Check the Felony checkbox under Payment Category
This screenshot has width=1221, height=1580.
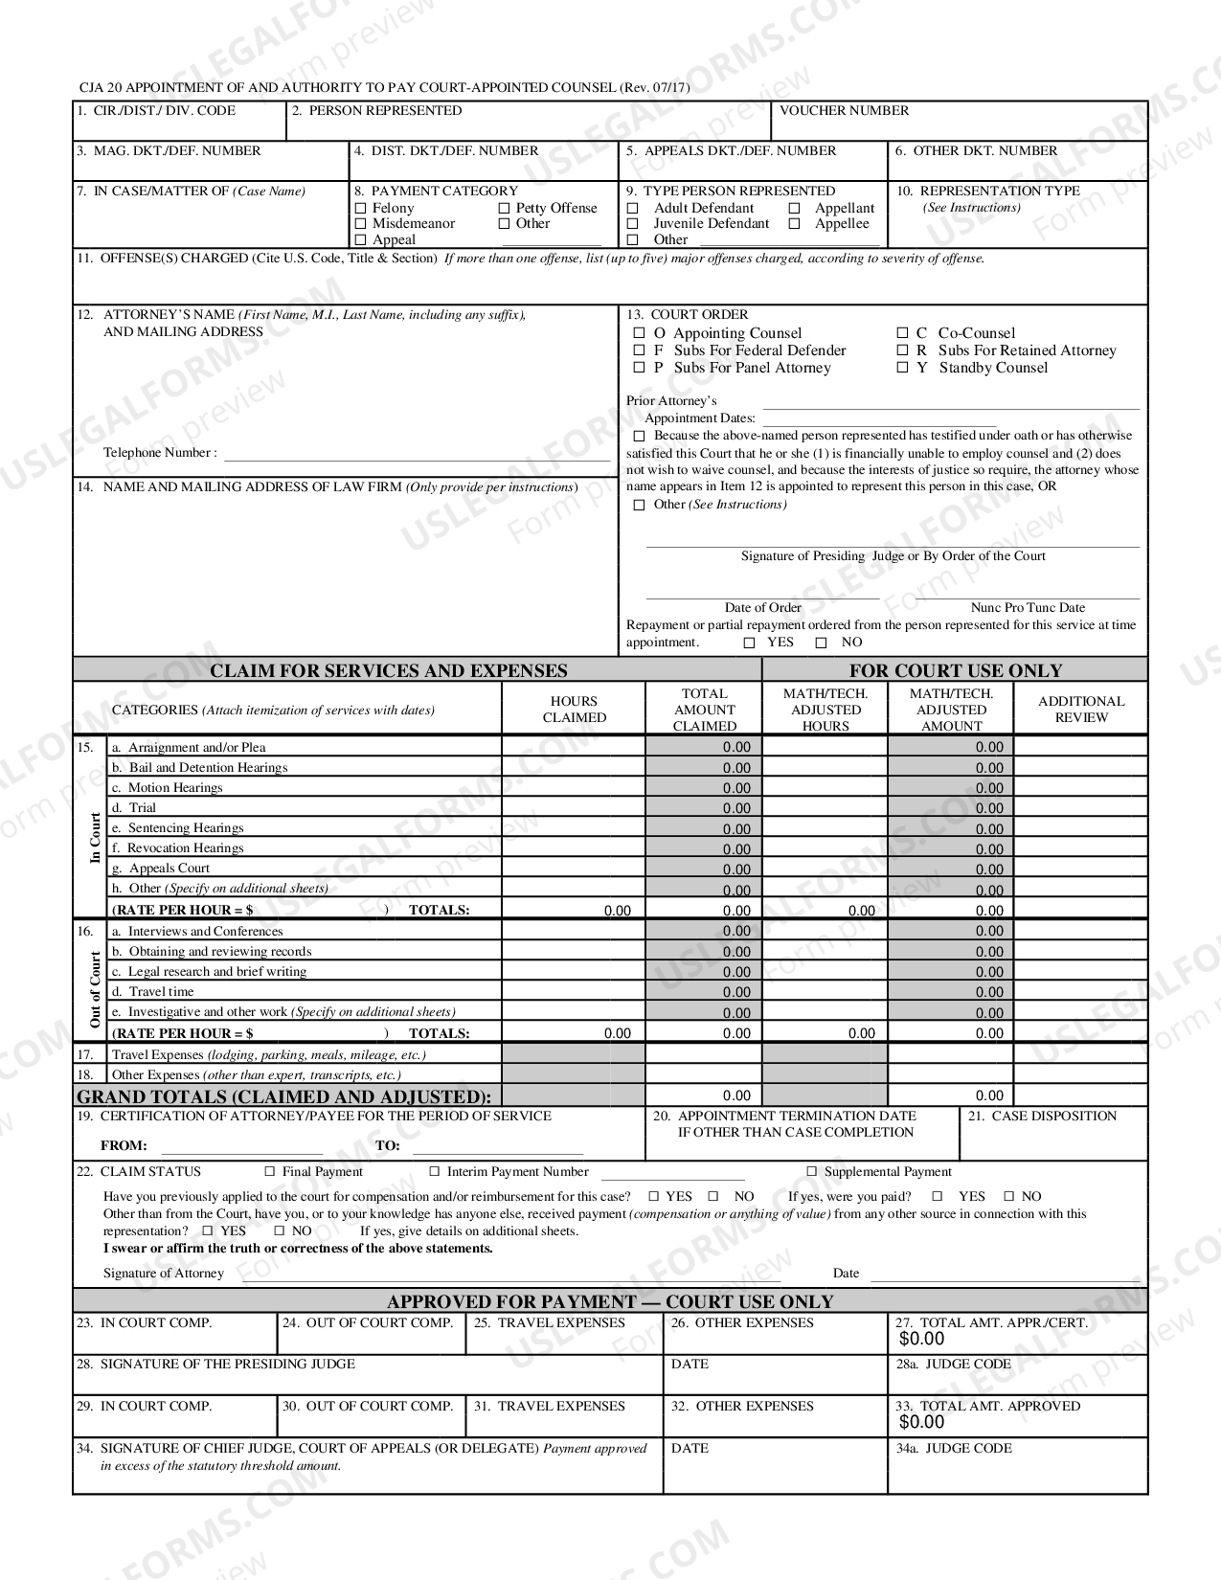[x=361, y=208]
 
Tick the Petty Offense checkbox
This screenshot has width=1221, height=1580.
[x=505, y=208]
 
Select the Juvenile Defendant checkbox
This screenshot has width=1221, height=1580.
[x=632, y=224]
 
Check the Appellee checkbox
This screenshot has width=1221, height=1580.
[x=795, y=224]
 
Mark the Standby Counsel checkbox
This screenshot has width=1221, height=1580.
[x=902, y=368]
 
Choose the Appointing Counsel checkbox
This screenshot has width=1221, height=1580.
[x=639, y=333]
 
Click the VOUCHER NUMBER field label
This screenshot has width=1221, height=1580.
[x=844, y=110]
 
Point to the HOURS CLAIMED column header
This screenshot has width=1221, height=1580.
[x=574, y=710]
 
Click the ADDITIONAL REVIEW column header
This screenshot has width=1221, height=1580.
[x=1080, y=710]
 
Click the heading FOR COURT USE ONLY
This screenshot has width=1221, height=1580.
[x=955, y=670]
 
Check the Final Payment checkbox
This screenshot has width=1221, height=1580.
[x=270, y=1171]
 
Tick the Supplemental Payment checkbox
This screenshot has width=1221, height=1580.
[x=811, y=1171]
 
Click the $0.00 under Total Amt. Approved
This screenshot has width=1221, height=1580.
[x=921, y=1422]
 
